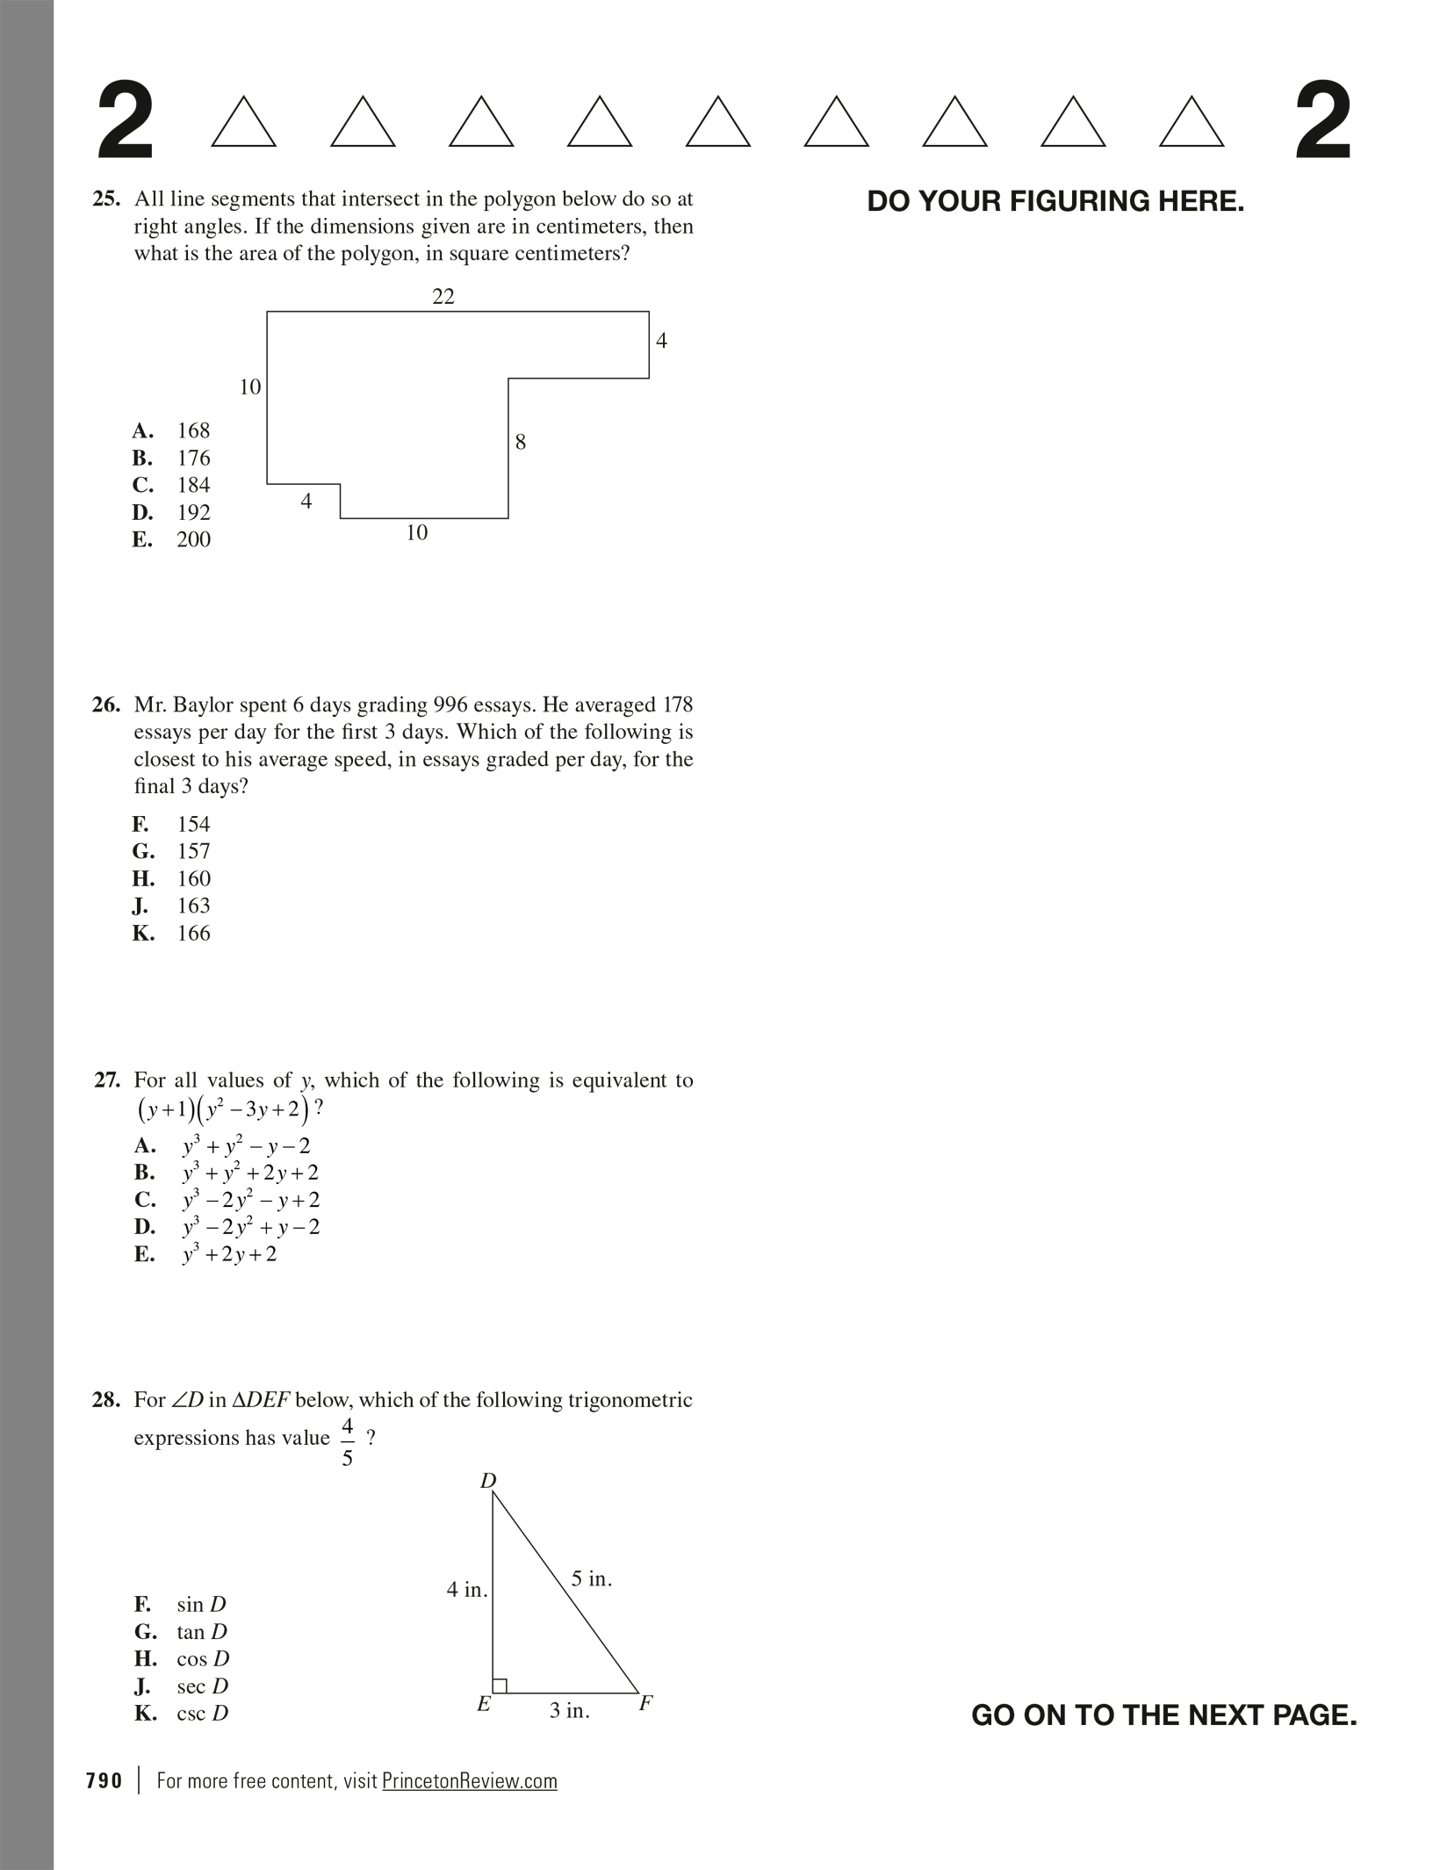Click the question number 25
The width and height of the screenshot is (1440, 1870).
tap(106, 199)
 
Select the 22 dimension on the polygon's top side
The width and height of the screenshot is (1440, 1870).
tap(443, 297)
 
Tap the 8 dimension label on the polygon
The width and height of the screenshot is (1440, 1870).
tap(521, 442)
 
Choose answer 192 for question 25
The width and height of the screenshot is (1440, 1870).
tap(193, 512)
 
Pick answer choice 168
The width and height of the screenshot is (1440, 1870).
tap(193, 430)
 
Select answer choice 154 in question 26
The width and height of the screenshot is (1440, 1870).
tap(193, 824)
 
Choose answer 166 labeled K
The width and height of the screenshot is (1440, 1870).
tap(193, 933)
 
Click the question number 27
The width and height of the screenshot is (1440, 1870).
tap(107, 1080)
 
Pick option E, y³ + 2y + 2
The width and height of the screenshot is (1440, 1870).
tap(228, 1254)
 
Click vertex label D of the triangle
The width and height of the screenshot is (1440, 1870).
tap(488, 1482)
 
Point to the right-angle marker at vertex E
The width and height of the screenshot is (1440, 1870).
tap(500, 1685)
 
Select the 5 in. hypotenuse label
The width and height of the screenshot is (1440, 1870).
tap(592, 1579)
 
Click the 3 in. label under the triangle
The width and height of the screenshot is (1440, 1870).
tap(570, 1711)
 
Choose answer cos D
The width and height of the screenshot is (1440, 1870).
tap(203, 1658)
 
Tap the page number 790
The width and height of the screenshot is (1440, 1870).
tap(104, 1781)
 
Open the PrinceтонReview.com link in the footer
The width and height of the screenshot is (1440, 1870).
tap(470, 1781)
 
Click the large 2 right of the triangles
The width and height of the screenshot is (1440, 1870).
tap(1323, 122)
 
